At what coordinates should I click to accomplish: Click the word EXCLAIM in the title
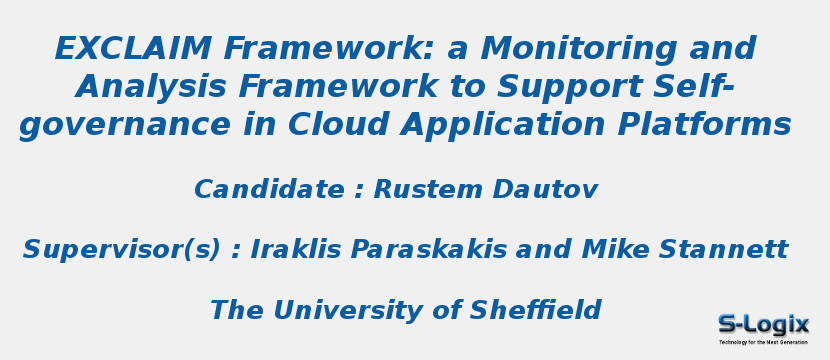(133, 49)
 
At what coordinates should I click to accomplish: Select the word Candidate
(269, 190)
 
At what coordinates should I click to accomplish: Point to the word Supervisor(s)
(121, 250)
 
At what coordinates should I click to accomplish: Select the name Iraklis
(300, 250)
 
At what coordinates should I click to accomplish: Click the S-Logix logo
(763, 325)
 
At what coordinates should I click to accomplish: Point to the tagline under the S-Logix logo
(763, 342)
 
